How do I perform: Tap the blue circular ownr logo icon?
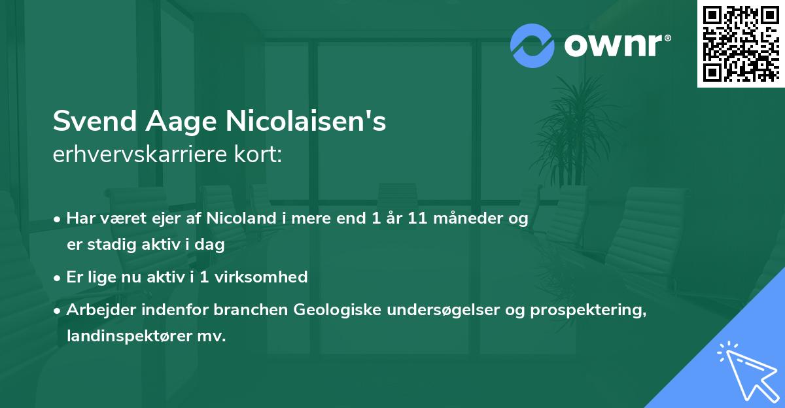[x=532, y=45]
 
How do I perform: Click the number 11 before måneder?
[x=419, y=219]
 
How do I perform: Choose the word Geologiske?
[x=336, y=310]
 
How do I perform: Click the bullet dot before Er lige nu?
[x=58, y=277]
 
